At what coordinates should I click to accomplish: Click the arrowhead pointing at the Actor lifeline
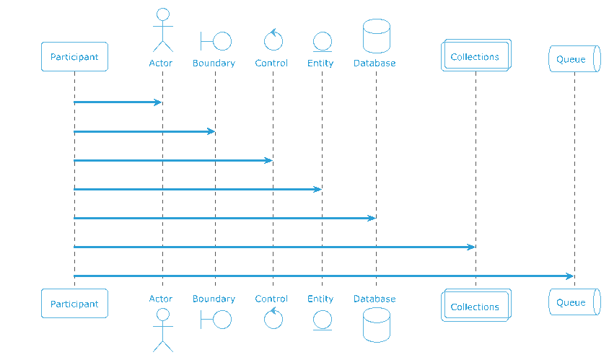click(x=158, y=102)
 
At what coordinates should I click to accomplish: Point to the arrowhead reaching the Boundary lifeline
click(x=211, y=131)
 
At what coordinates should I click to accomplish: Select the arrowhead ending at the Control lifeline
click(x=268, y=160)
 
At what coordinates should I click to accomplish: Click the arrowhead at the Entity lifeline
click(x=317, y=189)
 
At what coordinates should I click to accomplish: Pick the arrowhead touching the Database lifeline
click(x=372, y=219)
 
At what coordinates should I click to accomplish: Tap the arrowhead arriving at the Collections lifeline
click(x=470, y=247)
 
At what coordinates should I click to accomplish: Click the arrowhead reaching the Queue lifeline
click(x=570, y=276)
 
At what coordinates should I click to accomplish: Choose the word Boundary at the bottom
click(x=214, y=299)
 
